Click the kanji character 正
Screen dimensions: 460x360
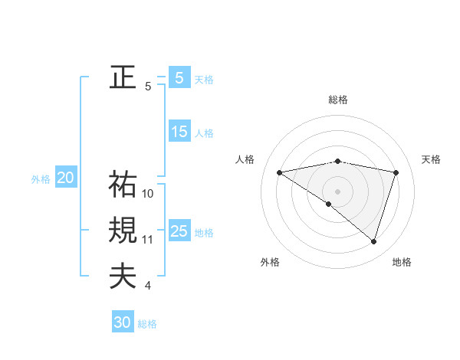[123, 77]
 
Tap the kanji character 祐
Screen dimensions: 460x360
[123, 184]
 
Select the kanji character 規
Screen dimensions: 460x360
[123, 230]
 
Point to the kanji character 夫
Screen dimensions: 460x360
[123, 276]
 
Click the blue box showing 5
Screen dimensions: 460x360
[179, 78]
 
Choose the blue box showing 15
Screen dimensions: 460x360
[179, 132]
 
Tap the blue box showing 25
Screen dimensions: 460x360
[179, 231]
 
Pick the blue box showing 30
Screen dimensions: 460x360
[123, 322]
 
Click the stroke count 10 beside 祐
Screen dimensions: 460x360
[148, 194]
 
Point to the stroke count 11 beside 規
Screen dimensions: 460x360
[148, 240]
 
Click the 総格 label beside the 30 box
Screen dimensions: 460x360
[147, 324]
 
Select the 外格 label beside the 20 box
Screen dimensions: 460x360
[41, 179]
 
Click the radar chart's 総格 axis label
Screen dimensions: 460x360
[337, 100]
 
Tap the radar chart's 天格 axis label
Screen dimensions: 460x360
[432, 159]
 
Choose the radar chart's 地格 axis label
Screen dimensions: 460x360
[402, 262]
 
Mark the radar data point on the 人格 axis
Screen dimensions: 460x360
[280, 172]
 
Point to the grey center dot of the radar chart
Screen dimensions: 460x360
[337, 190]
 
